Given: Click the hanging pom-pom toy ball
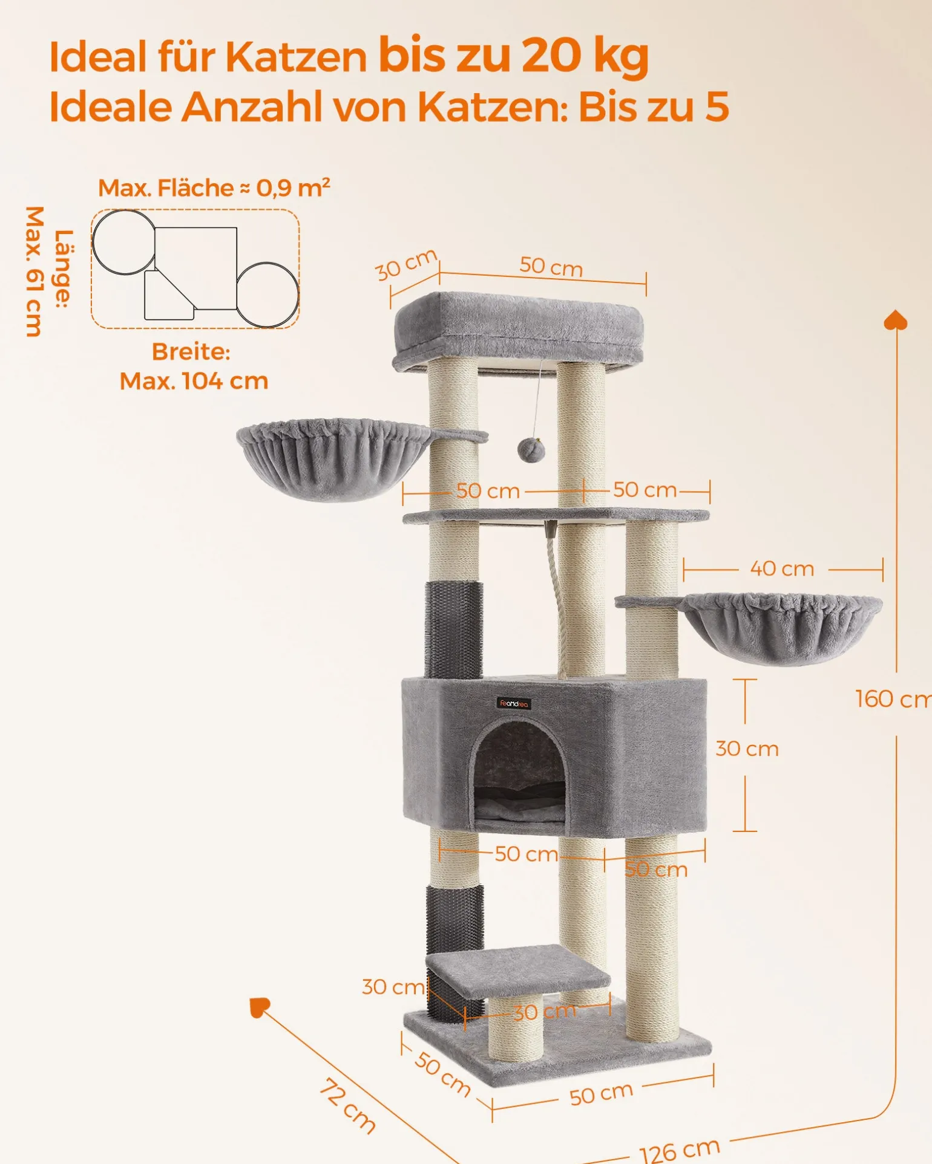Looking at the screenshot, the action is click(x=531, y=450).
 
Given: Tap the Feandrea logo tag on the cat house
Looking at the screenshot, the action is click(x=514, y=703).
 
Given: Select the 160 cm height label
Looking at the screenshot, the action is click(x=893, y=699).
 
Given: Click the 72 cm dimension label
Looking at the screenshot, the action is click(x=347, y=1104).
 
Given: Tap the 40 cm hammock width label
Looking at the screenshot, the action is click(x=782, y=568).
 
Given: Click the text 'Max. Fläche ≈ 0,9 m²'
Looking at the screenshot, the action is click(x=214, y=188).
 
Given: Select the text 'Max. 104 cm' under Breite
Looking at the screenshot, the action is click(x=194, y=381).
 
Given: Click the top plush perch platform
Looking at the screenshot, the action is click(x=518, y=331).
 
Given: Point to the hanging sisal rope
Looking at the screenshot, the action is click(x=558, y=599).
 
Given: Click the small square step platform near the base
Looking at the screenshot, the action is click(x=518, y=972).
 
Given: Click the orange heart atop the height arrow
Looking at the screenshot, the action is click(x=896, y=320).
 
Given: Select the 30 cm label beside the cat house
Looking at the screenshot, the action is click(x=747, y=749).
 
